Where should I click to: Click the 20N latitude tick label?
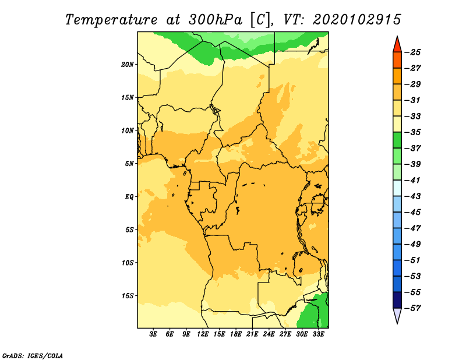coord(128,65)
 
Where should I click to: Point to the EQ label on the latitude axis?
coord(129,197)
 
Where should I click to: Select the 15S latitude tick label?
coord(128,296)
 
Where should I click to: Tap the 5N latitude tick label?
coord(129,164)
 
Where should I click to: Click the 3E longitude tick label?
coord(153,334)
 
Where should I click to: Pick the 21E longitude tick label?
coord(252,334)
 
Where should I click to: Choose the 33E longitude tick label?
coord(318,334)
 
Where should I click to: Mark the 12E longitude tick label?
coord(203,334)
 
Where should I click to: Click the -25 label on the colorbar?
coord(414,52)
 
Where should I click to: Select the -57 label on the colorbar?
coord(414,308)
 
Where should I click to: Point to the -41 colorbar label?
coord(414,181)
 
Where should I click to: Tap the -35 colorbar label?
coord(414,132)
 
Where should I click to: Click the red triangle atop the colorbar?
coord(397,46)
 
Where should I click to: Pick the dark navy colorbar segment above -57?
coord(397,300)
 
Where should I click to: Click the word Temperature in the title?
coord(111,20)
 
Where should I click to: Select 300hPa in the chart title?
coord(215,20)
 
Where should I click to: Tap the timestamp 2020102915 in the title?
coord(357,20)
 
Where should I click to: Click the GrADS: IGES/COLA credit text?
coord(33,356)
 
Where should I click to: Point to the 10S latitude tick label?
coord(128,263)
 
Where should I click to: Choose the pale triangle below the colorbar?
coord(397,316)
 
